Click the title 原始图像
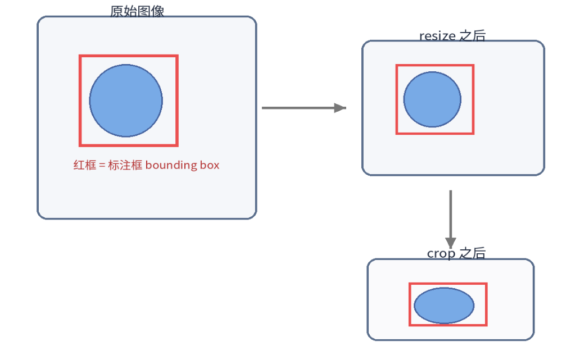(x=137, y=11)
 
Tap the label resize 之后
(x=452, y=36)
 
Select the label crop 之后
(x=456, y=253)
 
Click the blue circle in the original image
(x=126, y=101)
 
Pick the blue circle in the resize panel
(x=432, y=99)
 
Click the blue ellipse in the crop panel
(x=444, y=306)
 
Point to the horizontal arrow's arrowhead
(x=340, y=108)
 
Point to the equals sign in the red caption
(x=102, y=166)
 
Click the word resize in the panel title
(x=437, y=36)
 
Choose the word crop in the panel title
(x=441, y=254)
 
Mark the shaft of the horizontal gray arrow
(x=298, y=108)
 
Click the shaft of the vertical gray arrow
(x=451, y=213)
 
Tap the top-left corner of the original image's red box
(x=80, y=56)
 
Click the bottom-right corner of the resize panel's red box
(x=473, y=133)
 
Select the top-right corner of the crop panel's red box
(x=486, y=284)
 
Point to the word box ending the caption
(x=209, y=165)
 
